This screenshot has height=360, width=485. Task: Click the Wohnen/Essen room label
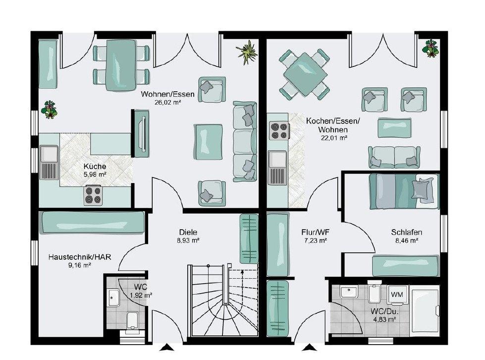tap(167, 94)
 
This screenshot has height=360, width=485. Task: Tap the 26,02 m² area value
tap(167, 102)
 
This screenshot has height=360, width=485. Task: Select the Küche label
tap(95, 167)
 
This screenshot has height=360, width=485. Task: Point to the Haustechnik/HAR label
tap(79, 257)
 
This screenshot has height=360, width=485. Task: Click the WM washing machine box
tap(397, 295)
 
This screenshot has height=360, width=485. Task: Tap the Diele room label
tap(188, 232)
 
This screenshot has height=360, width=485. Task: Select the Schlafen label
tap(406, 232)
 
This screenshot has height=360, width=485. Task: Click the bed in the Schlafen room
tap(404, 191)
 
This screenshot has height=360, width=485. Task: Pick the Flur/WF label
tap(314, 232)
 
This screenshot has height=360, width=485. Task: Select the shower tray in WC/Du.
tap(424, 312)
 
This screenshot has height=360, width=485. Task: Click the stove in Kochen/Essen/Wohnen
tap(279, 130)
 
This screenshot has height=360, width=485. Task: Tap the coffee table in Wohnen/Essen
tap(208, 142)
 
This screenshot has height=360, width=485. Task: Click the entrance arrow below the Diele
tap(167, 348)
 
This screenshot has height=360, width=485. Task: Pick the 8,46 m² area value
tap(406, 240)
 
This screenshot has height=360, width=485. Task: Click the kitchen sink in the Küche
tap(49, 163)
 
